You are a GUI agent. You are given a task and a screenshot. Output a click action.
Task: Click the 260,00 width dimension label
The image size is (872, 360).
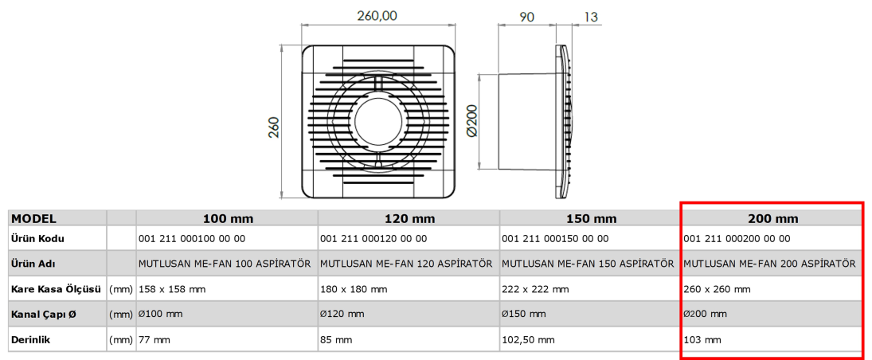(x=377, y=16)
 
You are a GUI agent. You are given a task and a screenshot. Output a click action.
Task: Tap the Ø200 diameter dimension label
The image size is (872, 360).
(x=471, y=122)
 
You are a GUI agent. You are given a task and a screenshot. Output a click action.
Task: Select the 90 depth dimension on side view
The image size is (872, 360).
(x=526, y=17)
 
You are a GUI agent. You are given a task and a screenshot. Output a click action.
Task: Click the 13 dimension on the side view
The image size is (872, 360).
(x=591, y=17)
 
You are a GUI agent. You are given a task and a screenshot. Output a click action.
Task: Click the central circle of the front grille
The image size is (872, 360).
(x=377, y=123)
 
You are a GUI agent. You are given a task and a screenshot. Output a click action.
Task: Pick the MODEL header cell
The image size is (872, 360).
(x=34, y=219)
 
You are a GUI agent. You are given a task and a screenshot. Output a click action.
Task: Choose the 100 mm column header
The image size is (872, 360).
(x=227, y=219)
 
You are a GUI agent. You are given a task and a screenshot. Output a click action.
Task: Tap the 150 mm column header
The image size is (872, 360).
(x=591, y=219)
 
